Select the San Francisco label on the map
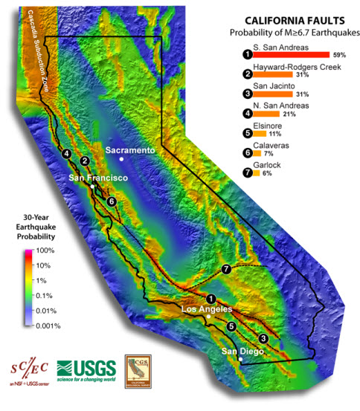pos(98,178)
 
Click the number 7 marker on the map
pos(227,268)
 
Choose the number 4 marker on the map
pos(68,154)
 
